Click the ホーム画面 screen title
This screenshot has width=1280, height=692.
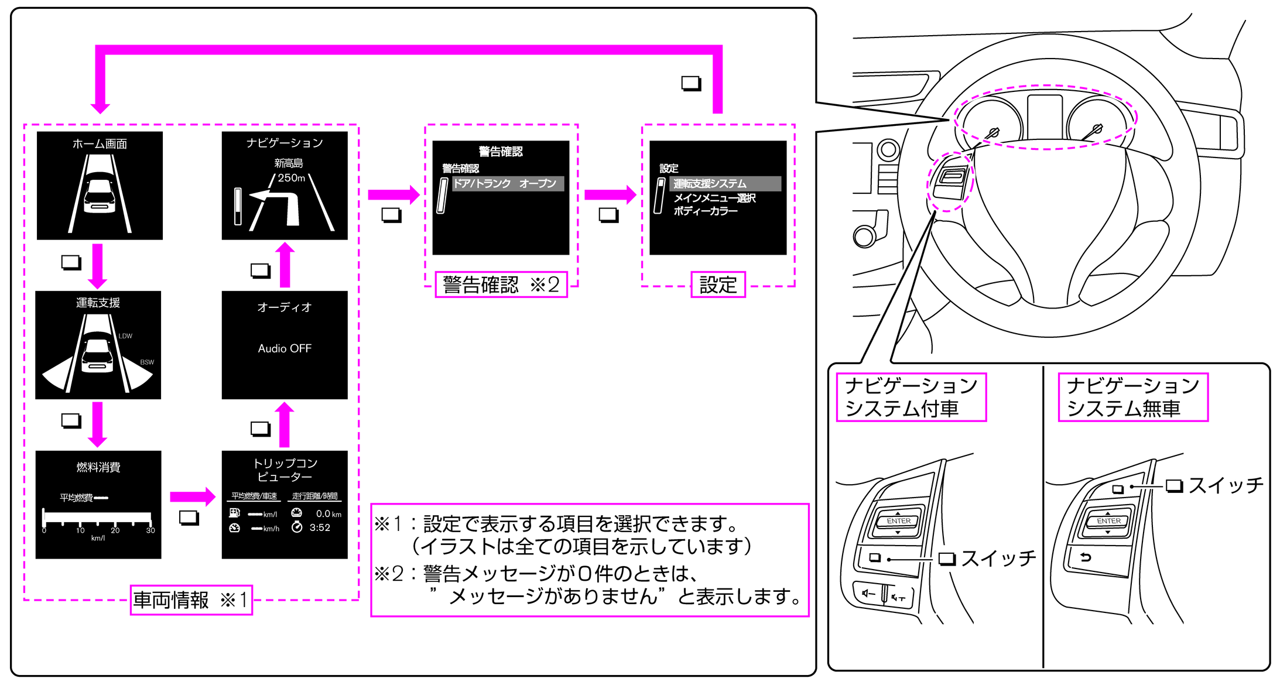(100, 144)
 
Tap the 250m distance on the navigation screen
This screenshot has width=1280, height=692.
(291, 178)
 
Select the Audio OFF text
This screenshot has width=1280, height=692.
(285, 348)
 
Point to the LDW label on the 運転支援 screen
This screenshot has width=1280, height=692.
(125, 336)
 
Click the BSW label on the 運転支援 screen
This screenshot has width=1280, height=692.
(147, 362)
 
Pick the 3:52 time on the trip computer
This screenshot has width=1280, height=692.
(320, 527)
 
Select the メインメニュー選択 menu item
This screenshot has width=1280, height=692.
(714, 198)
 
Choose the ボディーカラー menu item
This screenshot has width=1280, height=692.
(706, 211)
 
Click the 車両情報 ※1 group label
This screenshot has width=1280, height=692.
(191, 600)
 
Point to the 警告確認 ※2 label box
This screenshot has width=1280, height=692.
(501, 285)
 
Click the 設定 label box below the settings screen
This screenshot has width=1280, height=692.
(718, 285)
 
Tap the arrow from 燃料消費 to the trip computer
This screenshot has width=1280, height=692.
(192, 497)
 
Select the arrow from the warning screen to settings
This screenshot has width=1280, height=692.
(610, 195)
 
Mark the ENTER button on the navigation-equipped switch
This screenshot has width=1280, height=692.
(898, 520)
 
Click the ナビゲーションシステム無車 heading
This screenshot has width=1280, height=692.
(1132, 397)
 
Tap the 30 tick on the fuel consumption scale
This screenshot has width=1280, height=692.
(150, 530)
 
